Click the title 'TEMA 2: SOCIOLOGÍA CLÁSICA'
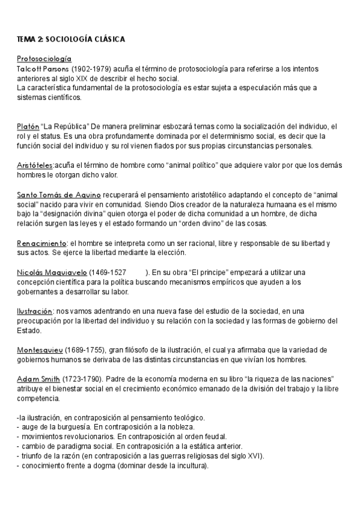pos(70,40)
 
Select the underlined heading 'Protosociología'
pos(44,59)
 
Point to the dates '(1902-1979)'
pos(90,69)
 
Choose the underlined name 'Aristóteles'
pos(35,165)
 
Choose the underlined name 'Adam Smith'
pos(38,378)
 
